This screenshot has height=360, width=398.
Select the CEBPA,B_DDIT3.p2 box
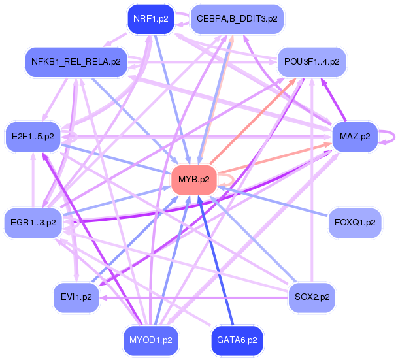tap(237, 18)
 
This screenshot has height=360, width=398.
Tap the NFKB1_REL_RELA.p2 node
tap(76, 62)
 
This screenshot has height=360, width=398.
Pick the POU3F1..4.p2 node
tap(312, 62)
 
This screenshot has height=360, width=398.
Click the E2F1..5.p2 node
tap(33, 137)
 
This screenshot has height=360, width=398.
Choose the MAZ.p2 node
tap(355, 137)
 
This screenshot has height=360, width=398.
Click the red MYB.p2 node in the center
tap(193, 179)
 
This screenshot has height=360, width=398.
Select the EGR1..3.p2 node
tap(33, 222)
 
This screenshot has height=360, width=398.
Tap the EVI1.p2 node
tap(76, 297)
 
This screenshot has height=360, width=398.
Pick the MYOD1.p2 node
tap(151, 340)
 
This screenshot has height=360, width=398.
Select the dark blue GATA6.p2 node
tap(237, 340)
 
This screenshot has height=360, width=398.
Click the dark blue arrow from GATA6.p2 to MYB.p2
tap(215, 261)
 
